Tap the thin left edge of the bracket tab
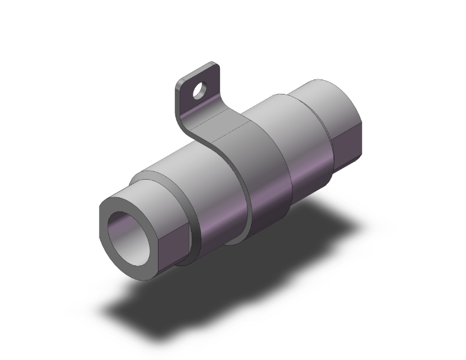point(177,100)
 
